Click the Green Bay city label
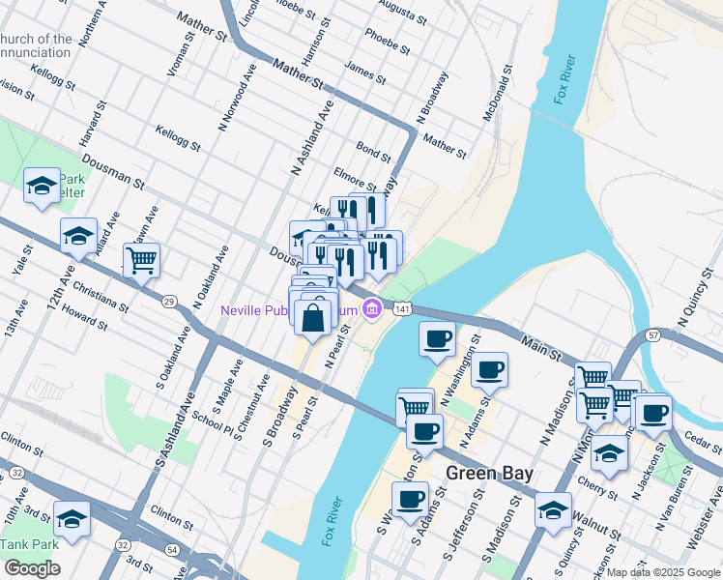pos(492,474)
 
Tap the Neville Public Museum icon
pos(371,309)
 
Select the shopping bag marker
pos(315,317)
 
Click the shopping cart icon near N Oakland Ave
pos(141,259)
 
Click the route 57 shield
pos(653,334)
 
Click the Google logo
pos(32,568)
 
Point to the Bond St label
pos(373,152)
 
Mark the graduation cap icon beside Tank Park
pos(72,518)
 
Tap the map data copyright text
pos(664,572)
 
